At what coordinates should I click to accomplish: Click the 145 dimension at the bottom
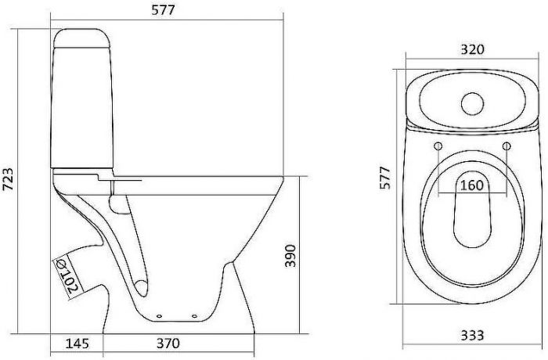coord(77,343)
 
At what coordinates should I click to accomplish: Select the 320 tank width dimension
coord(472,49)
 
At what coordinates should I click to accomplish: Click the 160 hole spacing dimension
coord(471,187)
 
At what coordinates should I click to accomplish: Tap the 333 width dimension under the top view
coord(471,335)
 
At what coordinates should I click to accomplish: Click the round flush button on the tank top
coord(472,102)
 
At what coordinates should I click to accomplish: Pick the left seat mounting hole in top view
coord(437,147)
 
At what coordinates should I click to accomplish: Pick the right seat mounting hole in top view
coord(507,147)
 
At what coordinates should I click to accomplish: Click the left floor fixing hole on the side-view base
coord(160,316)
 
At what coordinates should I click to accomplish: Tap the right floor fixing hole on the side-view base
coord(191,316)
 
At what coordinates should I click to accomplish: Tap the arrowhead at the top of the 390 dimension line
coord(301,178)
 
